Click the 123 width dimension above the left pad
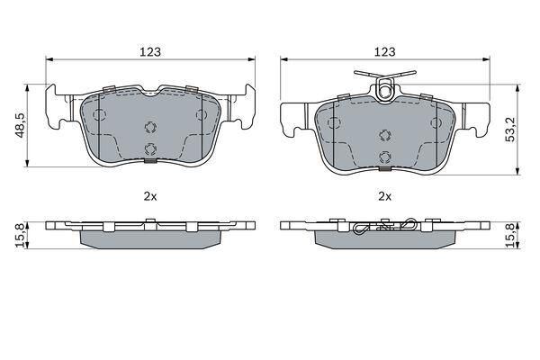pyautogui.click(x=150, y=52)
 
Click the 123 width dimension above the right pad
pyautogui.click(x=386, y=52)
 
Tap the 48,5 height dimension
pyautogui.click(x=17, y=124)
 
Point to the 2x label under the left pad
pyautogui.click(x=150, y=194)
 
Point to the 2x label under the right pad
pyautogui.click(x=386, y=194)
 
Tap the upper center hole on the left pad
pyautogui.click(x=150, y=126)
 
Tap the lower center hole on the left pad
pyautogui.click(x=150, y=149)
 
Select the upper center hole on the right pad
pyautogui.click(x=386, y=136)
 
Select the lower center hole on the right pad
pyautogui.click(x=386, y=158)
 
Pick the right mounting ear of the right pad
pyautogui.click(x=475, y=116)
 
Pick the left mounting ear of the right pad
pyautogui.click(x=295, y=116)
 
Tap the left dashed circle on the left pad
pyautogui.click(x=100, y=116)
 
